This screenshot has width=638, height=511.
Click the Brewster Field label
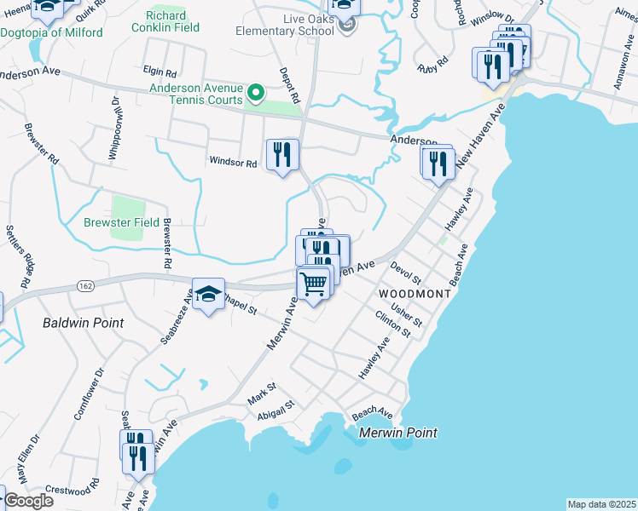[x=119, y=223]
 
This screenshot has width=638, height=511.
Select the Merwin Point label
[x=397, y=433]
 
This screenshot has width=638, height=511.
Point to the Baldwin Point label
[x=83, y=323]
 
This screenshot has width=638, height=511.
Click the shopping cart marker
[x=314, y=284]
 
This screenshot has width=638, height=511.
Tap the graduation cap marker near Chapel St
[x=208, y=294]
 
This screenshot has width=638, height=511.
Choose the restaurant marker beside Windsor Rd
[x=282, y=155]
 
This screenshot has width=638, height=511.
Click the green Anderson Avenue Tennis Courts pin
[x=255, y=92]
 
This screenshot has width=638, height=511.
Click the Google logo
[x=28, y=501]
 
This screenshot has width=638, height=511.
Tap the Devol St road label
[x=406, y=274]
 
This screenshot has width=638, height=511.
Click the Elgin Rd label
[x=159, y=72]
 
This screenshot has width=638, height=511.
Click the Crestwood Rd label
[x=69, y=491]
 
